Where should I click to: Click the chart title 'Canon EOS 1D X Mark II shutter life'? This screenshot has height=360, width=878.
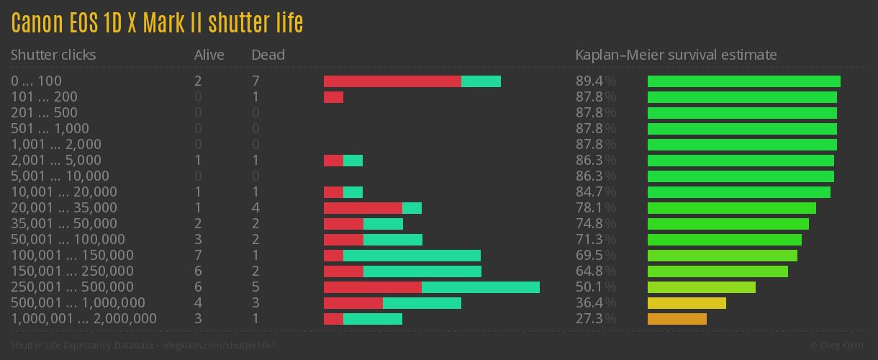[x=157, y=23]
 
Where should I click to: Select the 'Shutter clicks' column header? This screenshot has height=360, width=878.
[x=53, y=55]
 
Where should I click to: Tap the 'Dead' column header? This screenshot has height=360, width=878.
[x=268, y=55]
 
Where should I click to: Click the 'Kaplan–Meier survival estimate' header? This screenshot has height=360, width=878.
[x=676, y=55]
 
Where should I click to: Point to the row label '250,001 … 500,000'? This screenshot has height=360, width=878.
[x=72, y=287]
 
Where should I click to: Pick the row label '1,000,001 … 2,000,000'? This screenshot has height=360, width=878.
[x=83, y=318]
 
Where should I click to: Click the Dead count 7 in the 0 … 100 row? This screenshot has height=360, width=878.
[x=255, y=81]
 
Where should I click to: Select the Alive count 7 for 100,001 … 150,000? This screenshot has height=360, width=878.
[x=198, y=255]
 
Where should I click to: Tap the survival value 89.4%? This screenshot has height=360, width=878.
[x=596, y=81]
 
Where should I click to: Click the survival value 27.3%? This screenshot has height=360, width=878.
[x=596, y=318]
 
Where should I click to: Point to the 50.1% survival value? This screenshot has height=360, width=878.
[x=596, y=287]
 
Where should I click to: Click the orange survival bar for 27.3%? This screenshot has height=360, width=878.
[x=676, y=319]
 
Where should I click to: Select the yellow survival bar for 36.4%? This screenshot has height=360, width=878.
[x=687, y=303]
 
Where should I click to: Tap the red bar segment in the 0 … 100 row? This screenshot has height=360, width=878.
[x=392, y=81]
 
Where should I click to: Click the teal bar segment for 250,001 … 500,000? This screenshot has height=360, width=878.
[x=480, y=287]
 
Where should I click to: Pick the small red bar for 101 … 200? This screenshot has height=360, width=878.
[x=333, y=97]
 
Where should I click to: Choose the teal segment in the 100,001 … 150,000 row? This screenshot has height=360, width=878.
[x=412, y=256]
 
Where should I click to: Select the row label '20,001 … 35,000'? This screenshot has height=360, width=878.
[x=63, y=207]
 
